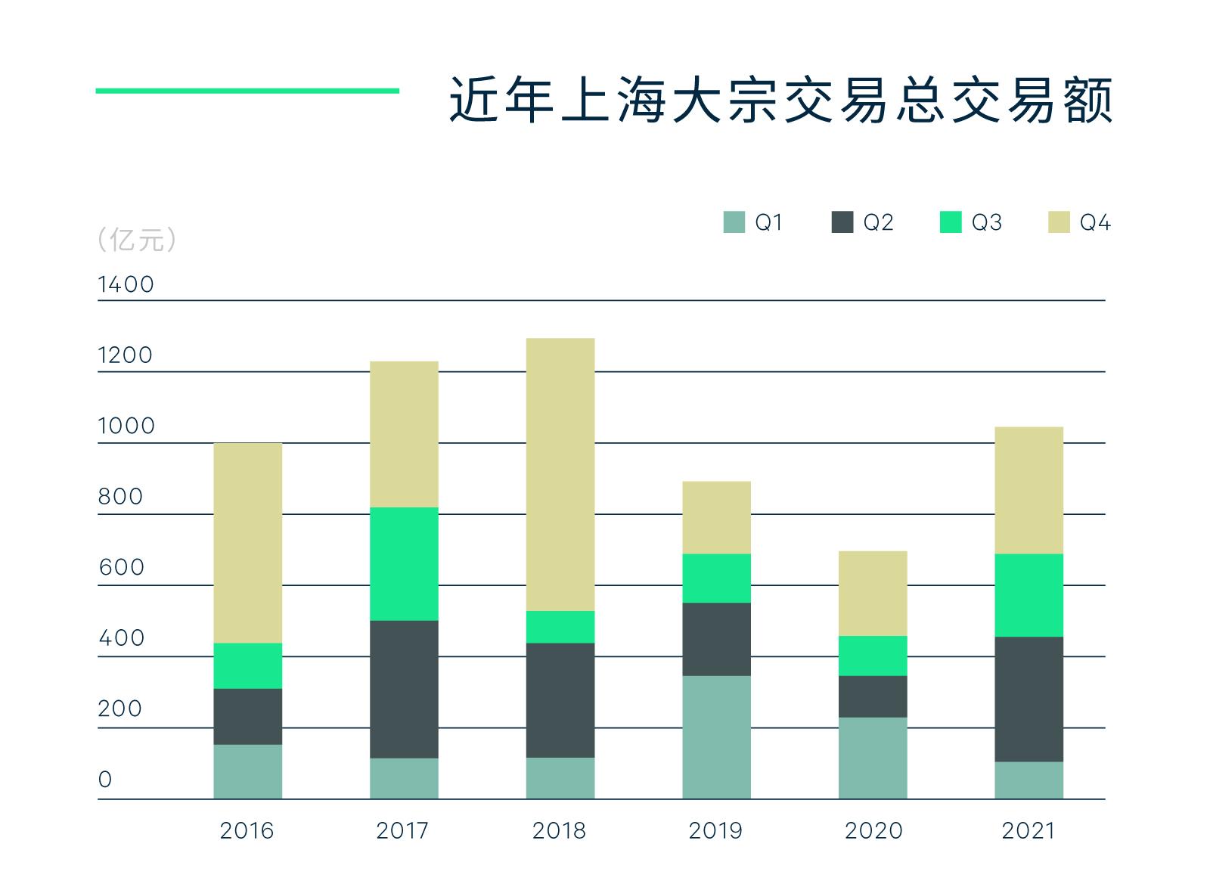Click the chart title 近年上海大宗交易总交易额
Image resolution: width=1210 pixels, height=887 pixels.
click(x=780, y=99)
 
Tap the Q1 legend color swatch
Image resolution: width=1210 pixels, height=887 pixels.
click(x=734, y=222)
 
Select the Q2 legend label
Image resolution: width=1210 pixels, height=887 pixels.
click(x=878, y=222)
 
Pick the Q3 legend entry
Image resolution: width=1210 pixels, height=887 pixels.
click(x=971, y=222)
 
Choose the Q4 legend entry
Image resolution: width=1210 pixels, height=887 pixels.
click(x=1079, y=222)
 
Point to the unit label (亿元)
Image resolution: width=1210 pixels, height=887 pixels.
click(x=137, y=240)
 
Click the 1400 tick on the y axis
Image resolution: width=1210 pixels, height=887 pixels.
click(x=126, y=285)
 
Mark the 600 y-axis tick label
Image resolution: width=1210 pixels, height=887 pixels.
click(x=121, y=568)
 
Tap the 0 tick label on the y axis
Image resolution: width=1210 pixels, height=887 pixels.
click(x=105, y=780)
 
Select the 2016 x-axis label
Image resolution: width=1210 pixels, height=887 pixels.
click(x=247, y=831)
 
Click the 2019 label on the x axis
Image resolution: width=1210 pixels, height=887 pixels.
click(x=715, y=831)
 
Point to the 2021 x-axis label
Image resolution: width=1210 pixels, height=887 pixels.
click(x=1028, y=831)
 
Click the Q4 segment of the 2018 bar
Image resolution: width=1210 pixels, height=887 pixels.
click(x=560, y=474)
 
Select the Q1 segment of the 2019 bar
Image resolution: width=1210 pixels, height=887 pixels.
click(x=716, y=737)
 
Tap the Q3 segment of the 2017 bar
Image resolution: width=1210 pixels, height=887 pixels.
click(x=404, y=563)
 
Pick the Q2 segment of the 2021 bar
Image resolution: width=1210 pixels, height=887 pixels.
click(x=1028, y=699)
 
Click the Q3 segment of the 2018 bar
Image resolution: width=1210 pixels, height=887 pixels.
click(x=560, y=627)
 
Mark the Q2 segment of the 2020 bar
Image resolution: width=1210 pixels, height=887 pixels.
click(x=873, y=696)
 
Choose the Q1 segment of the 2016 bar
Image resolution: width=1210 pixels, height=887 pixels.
click(x=247, y=771)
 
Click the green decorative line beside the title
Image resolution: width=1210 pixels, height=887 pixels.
click(x=247, y=91)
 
